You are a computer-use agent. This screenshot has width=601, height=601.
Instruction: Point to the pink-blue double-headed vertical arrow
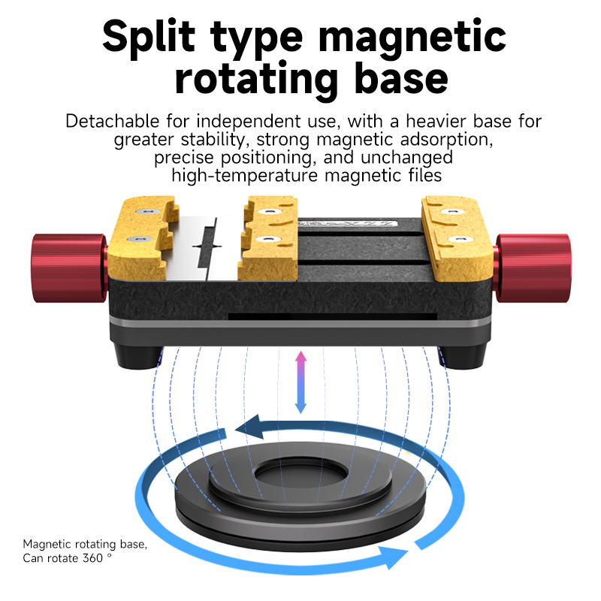pyautogui.click(x=300, y=381)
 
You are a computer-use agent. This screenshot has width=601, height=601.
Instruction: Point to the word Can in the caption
pyautogui.click(x=35, y=558)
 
